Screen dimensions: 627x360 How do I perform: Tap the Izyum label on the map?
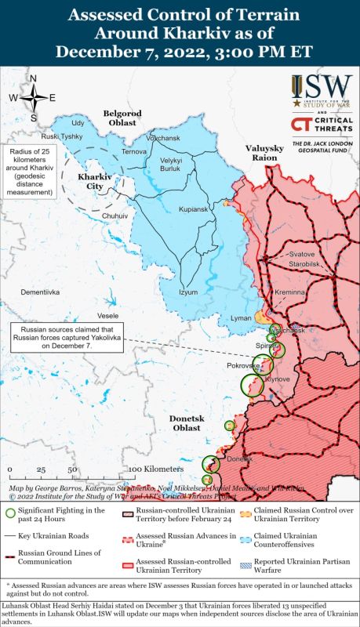click(188, 292)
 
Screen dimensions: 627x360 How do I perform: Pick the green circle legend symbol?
click(9, 513)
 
